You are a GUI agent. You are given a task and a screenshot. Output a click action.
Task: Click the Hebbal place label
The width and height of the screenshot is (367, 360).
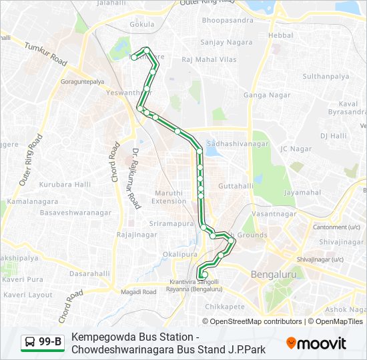280,35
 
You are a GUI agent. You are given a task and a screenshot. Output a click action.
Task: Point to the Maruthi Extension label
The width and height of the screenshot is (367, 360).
169,197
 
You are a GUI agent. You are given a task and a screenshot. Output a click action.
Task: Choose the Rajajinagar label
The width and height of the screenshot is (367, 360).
137,235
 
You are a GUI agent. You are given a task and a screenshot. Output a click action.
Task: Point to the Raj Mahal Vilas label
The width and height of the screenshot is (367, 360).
209,59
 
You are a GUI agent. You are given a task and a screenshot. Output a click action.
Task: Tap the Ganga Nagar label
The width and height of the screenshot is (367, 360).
267,95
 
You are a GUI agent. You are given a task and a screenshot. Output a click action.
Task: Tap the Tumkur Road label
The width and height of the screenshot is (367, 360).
46,54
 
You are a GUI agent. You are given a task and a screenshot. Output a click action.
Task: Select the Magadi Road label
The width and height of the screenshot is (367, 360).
138,292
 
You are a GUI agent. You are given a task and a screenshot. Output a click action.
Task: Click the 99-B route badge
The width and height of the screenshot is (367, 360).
43,343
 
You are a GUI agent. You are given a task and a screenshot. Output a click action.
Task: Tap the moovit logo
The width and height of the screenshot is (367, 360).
316,343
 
